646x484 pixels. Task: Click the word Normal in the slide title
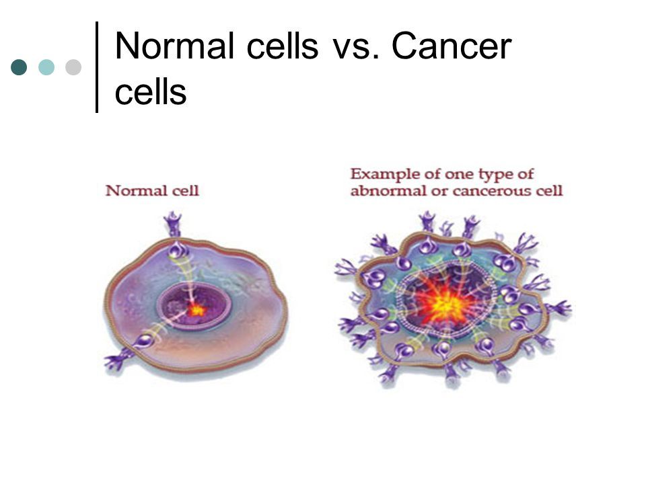coord(175,46)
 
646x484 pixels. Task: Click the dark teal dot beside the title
coord(19,67)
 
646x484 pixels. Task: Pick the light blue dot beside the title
coord(46,67)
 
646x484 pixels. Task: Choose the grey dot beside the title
coord(73,67)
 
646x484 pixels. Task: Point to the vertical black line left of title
coord(97,67)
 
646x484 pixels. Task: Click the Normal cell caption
coord(152,190)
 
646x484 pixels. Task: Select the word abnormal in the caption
coord(388,191)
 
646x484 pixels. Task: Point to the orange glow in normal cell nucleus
coord(196,309)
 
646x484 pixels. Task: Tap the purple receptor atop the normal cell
coord(173,224)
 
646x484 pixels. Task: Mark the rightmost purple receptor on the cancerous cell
coord(559,308)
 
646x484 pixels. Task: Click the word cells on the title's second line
coord(151,91)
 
